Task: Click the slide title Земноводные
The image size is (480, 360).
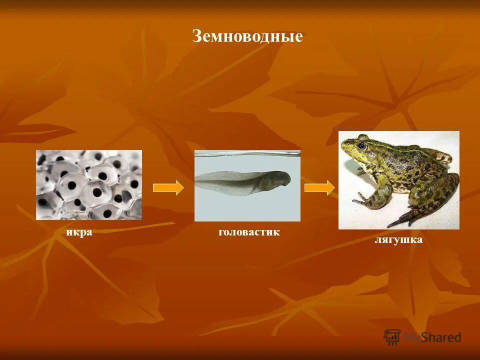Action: [x=247, y=36]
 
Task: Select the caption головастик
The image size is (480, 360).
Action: [x=248, y=232]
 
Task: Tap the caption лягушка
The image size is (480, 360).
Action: [x=398, y=240]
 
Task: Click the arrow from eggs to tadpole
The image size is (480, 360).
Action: [x=168, y=187]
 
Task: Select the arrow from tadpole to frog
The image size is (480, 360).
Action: [x=319, y=187]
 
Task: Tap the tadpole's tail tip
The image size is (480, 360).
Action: [x=197, y=178]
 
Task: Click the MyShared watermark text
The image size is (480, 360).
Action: [x=432, y=337]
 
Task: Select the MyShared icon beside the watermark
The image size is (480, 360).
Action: [x=392, y=336]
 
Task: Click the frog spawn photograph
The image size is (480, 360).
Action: [x=88, y=185]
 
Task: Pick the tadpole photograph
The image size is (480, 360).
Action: [x=247, y=186]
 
